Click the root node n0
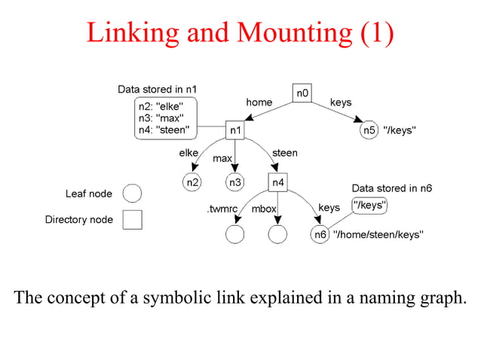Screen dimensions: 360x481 pyautogui.click(x=302, y=93)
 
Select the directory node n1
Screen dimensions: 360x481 pyautogui.click(x=236, y=130)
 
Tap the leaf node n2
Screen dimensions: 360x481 pyautogui.click(x=193, y=182)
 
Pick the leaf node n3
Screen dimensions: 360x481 pyautogui.click(x=236, y=182)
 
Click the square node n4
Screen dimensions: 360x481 pyautogui.click(x=278, y=182)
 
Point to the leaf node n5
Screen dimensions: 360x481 pyautogui.click(x=369, y=130)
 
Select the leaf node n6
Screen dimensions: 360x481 pyautogui.click(x=320, y=234)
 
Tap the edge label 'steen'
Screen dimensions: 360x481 pyautogui.click(x=284, y=153)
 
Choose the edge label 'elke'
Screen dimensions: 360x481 pyautogui.click(x=188, y=153)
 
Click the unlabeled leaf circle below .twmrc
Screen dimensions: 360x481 pyautogui.click(x=235, y=234)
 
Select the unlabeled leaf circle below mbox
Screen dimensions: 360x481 pyautogui.click(x=278, y=234)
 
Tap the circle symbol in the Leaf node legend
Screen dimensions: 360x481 pyautogui.click(x=132, y=194)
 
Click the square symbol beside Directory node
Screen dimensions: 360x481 pyautogui.click(x=132, y=220)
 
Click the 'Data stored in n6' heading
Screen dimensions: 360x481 pyautogui.click(x=392, y=188)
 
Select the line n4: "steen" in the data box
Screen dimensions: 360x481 pyautogui.click(x=162, y=130)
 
